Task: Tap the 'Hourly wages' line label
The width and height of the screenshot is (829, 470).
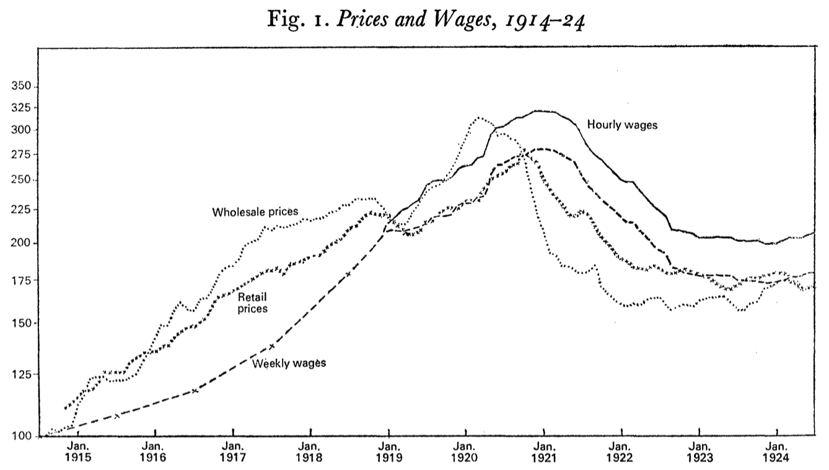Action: (622, 125)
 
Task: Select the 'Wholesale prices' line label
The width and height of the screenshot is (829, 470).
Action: (255, 212)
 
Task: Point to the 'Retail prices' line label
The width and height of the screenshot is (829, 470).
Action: (253, 302)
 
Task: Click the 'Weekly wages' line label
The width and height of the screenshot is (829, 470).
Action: (289, 363)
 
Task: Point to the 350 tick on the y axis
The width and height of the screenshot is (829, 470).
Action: (21, 87)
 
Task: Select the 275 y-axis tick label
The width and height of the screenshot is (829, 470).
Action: (21, 154)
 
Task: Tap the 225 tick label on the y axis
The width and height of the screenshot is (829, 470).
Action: (21, 210)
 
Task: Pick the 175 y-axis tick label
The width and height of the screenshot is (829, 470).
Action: (21, 280)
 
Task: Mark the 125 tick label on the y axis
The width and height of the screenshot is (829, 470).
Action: (21, 375)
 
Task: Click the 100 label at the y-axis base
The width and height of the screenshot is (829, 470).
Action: (21, 436)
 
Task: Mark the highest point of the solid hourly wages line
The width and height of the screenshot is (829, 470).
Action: (542, 111)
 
